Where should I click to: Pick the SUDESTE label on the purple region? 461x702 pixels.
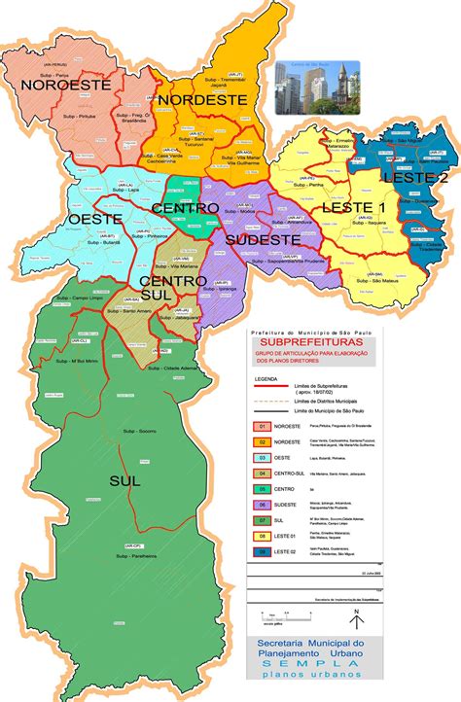262,239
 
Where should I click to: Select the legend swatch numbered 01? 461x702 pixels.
261,427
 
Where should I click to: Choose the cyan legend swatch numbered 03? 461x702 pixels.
261,456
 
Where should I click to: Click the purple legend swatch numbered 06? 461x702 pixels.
261,505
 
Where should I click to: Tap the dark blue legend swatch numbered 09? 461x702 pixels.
261,551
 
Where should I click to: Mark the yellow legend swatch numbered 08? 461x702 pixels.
261,535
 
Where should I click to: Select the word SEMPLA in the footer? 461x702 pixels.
348,671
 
